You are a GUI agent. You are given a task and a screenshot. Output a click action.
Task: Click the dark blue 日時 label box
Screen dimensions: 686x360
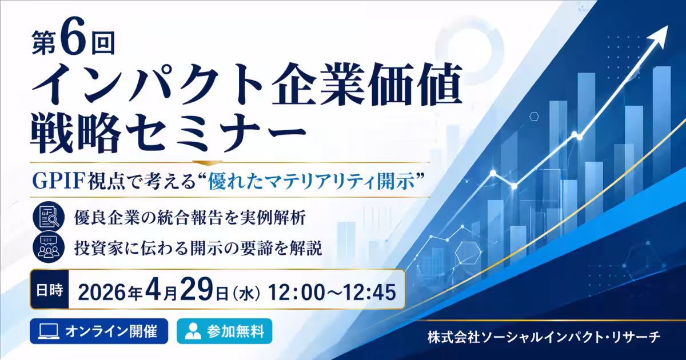(x=50, y=289)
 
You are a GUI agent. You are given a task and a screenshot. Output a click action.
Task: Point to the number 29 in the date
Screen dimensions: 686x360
(x=196, y=290)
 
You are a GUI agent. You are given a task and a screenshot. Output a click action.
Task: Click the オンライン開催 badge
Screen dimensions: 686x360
(x=99, y=331)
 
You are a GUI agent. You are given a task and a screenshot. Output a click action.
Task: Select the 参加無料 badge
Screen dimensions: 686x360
(x=225, y=331)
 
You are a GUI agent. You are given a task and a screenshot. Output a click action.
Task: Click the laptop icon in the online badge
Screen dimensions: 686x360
(x=48, y=331)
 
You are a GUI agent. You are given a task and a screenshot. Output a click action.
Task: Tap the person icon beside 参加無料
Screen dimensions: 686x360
(x=193, y=331)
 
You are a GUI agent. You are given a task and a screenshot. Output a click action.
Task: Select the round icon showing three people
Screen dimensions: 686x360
(x=49, y=247)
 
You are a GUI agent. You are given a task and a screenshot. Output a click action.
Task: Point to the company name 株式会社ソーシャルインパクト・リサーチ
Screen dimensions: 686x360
(x=544, y=338)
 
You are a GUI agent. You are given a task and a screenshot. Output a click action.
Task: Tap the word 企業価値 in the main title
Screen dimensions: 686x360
(x=366, y=84)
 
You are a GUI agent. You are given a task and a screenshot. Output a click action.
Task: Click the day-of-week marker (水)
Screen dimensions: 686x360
(x=247, y=293)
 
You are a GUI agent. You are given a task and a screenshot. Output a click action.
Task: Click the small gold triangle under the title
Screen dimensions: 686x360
(x=203, y=162)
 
